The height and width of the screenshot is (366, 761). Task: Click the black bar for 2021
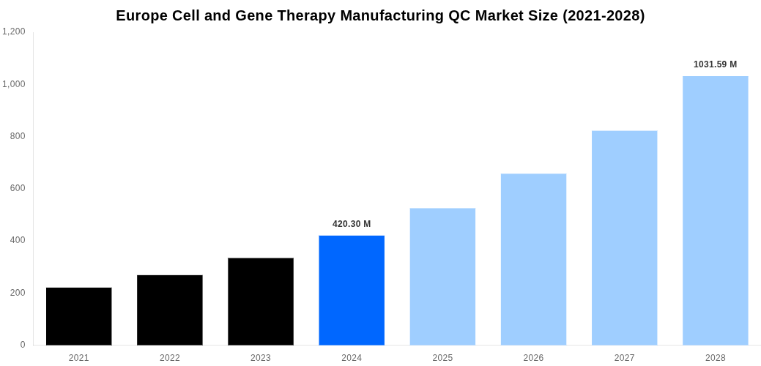coord(79,316)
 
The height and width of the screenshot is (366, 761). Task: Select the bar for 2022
coord(170,310)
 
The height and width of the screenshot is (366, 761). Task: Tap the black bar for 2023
coord(261,302)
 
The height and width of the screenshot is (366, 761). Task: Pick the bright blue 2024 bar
coord(352,291)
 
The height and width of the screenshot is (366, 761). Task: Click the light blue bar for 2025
coord(442,277)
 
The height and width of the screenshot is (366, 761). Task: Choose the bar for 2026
coord(533,259)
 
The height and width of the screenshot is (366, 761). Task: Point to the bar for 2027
coord(624,238)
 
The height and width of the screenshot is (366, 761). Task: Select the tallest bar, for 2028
coord(716,211)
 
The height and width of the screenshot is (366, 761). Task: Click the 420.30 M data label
coord(352,224)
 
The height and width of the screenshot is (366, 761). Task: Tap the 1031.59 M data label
coord(716,64)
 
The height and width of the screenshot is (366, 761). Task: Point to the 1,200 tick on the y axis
coord(14,31)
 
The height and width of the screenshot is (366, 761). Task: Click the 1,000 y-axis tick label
coord(14,84)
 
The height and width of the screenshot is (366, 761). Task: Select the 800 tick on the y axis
coord(18,136)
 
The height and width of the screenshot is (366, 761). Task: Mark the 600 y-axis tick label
coord(18,188)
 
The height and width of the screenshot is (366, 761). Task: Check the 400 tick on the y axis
coord(18,240)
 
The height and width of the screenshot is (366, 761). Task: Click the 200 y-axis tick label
coord(18,293)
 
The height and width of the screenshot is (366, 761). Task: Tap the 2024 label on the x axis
coord(352,358)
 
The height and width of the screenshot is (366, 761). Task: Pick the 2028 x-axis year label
coord(716,358)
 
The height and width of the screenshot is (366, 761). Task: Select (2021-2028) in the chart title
coord(604,16)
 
